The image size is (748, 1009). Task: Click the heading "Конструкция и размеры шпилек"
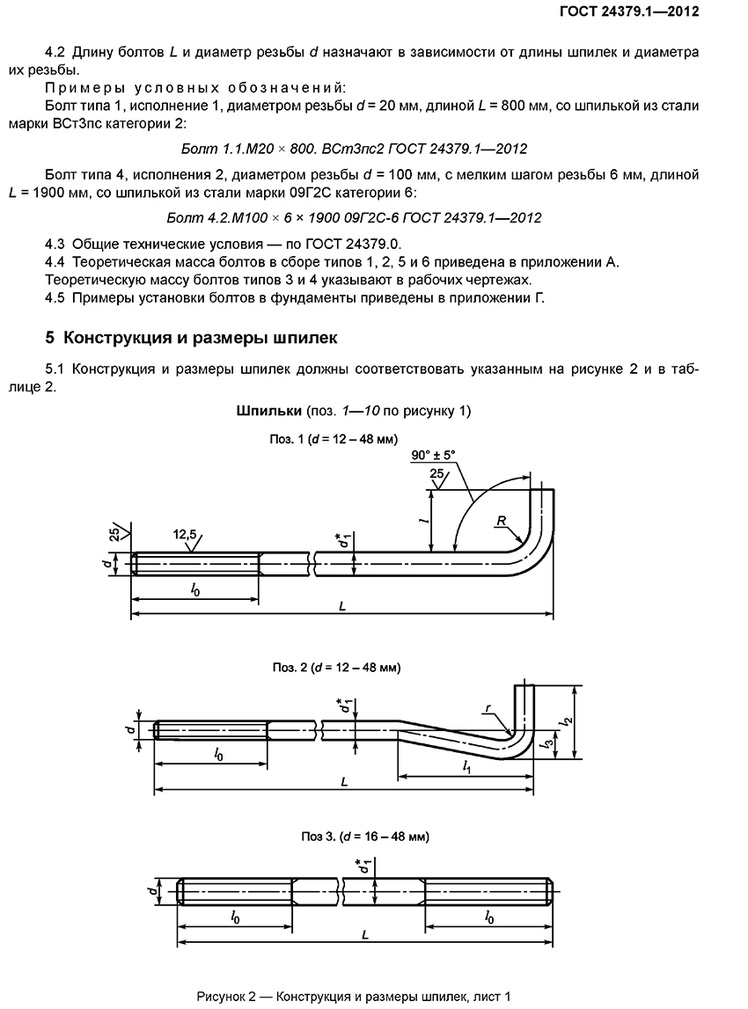click(191, 338)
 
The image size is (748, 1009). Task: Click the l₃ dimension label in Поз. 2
click(549, 744)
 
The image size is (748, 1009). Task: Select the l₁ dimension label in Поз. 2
click(466, 768)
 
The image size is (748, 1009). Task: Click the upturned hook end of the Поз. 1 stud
click(546, 510)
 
